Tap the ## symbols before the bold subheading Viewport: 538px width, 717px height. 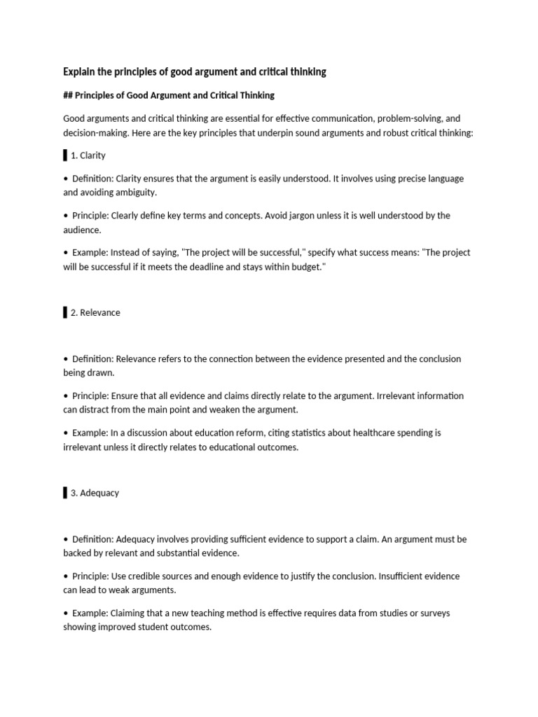pyautogui.click(x=67, y=95)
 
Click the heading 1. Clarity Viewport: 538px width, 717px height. pyautogui.click(x=88, y=155)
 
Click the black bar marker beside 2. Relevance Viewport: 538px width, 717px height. pyautogui.click(x=65, y=312)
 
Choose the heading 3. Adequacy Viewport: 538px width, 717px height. pyautogui.click(x=95, y=493)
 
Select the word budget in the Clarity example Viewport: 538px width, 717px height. pyautogui.click(x=308, y=266)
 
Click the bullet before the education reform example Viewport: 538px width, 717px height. pyautogui.click(x=65, y=433)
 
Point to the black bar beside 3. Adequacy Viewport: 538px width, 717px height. pyautogui.click(x=65, y=493)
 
